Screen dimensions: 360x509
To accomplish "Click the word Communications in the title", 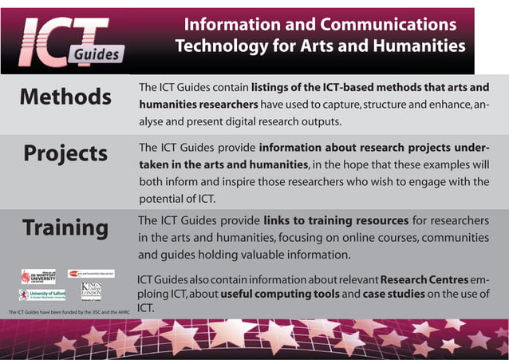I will (x=398, y=25).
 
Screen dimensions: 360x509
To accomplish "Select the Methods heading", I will (x=65, y=97).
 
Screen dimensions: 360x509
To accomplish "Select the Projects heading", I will (x=65, y=152).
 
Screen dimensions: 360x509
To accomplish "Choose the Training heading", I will (x=65, y=227).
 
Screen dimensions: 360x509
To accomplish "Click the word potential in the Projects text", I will (x=163, y=200).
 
